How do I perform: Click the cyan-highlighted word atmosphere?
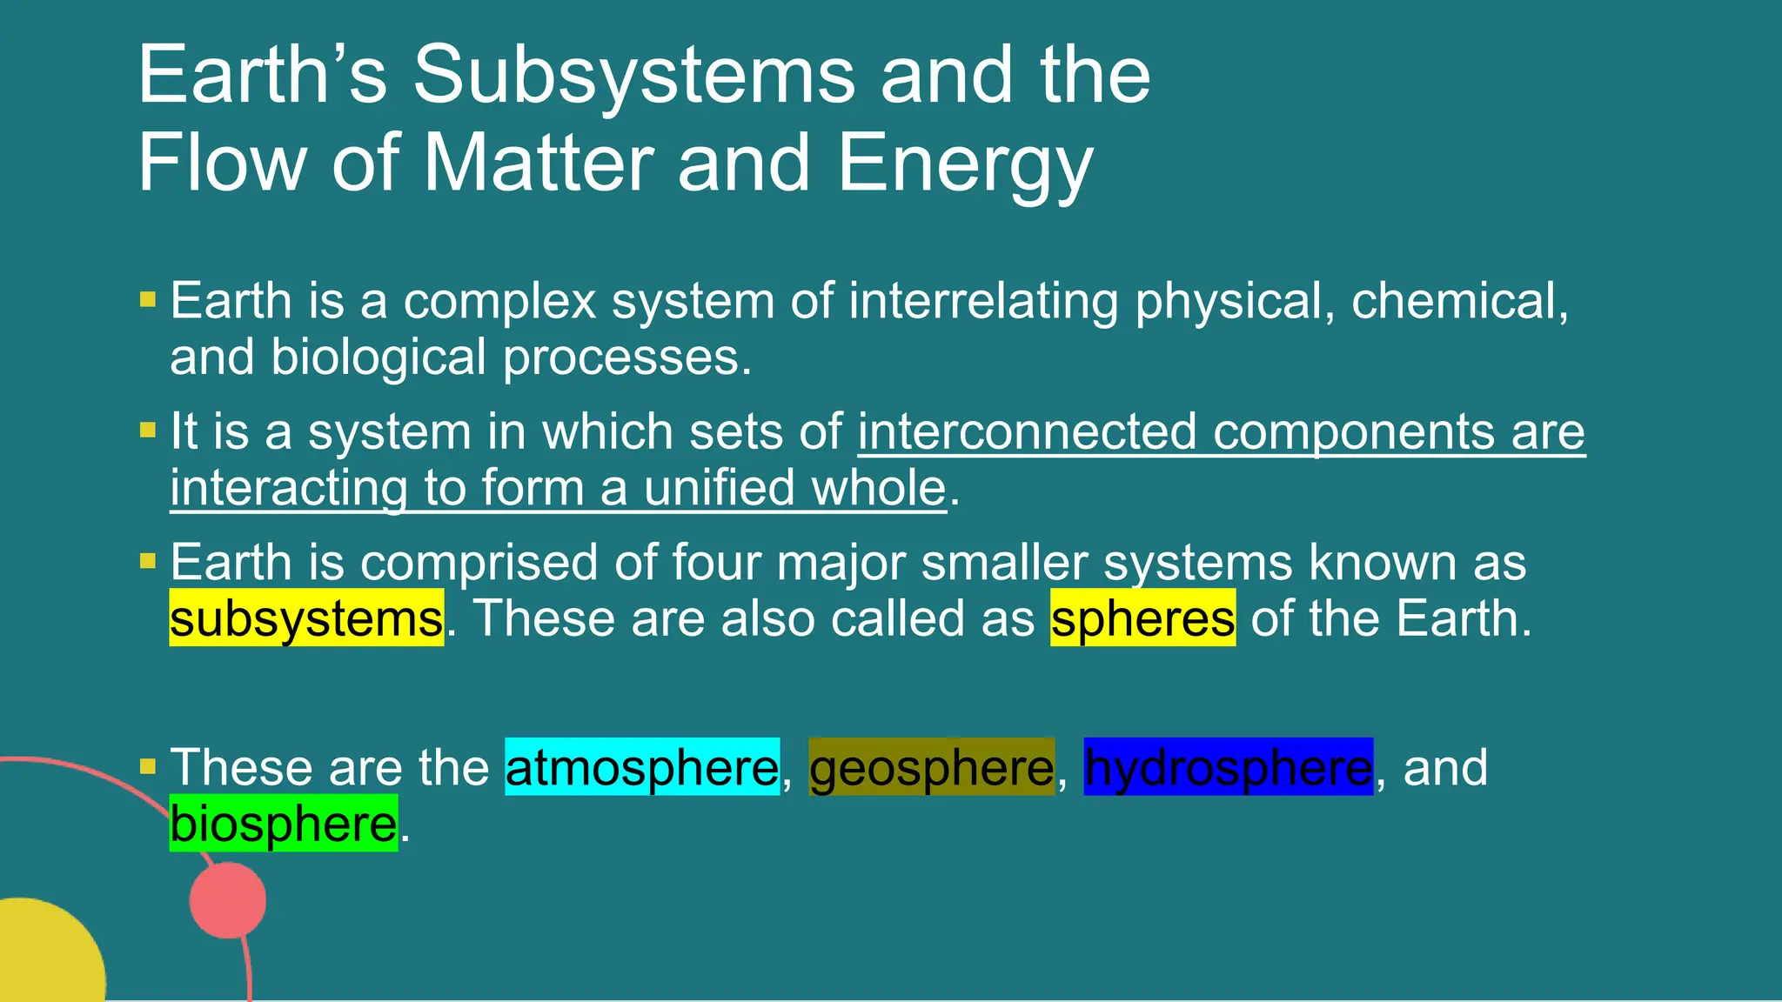point(642,767)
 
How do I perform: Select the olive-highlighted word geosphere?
point(931,767)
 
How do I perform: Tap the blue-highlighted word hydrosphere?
point(1228,767)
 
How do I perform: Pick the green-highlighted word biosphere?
point(283,823)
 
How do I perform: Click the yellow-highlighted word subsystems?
point(306,618)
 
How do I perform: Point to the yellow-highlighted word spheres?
point(1142,618)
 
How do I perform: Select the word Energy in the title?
point(964,164)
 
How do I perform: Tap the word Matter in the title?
point(539,164)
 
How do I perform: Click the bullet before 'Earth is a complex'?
point(148,300)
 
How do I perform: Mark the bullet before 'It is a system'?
point(148,430)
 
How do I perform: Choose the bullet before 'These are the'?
point(148,766)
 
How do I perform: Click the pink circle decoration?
point(228,900)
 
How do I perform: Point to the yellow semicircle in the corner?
point(44,957)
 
